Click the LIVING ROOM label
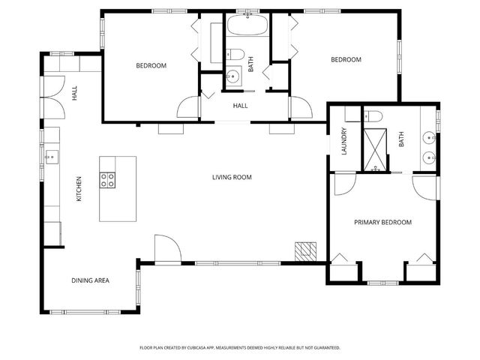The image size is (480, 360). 232,178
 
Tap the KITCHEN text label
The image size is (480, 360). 78,189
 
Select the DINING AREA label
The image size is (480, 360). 91,280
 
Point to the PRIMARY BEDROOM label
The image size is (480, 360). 382,222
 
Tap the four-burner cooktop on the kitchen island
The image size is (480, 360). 108,179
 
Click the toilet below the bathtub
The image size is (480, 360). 234,55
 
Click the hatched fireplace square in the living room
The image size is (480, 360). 304,250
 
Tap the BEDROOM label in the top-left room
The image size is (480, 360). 151,66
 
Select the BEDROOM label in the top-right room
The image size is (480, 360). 346,60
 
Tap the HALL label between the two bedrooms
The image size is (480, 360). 240,106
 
